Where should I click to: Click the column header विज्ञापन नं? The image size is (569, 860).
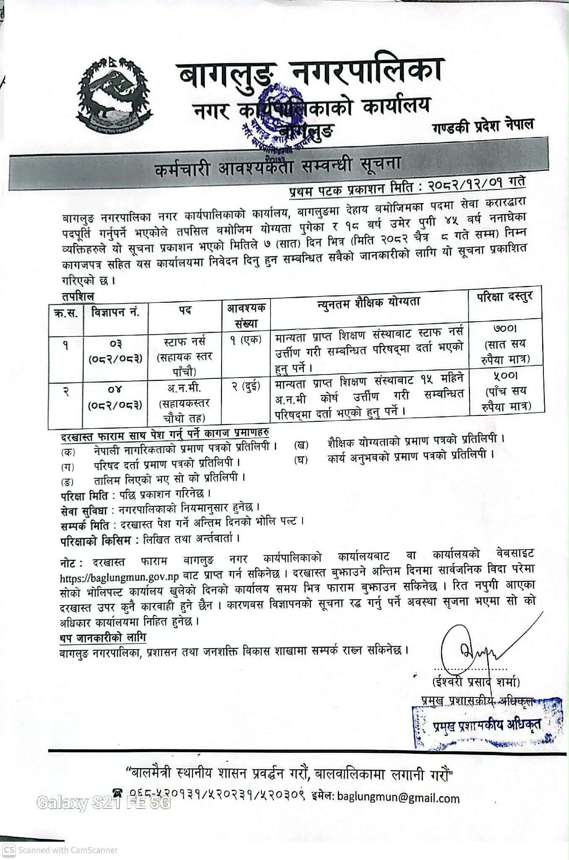[x=115, y=312]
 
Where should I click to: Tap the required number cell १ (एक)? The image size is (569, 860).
[x=245, y=339]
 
